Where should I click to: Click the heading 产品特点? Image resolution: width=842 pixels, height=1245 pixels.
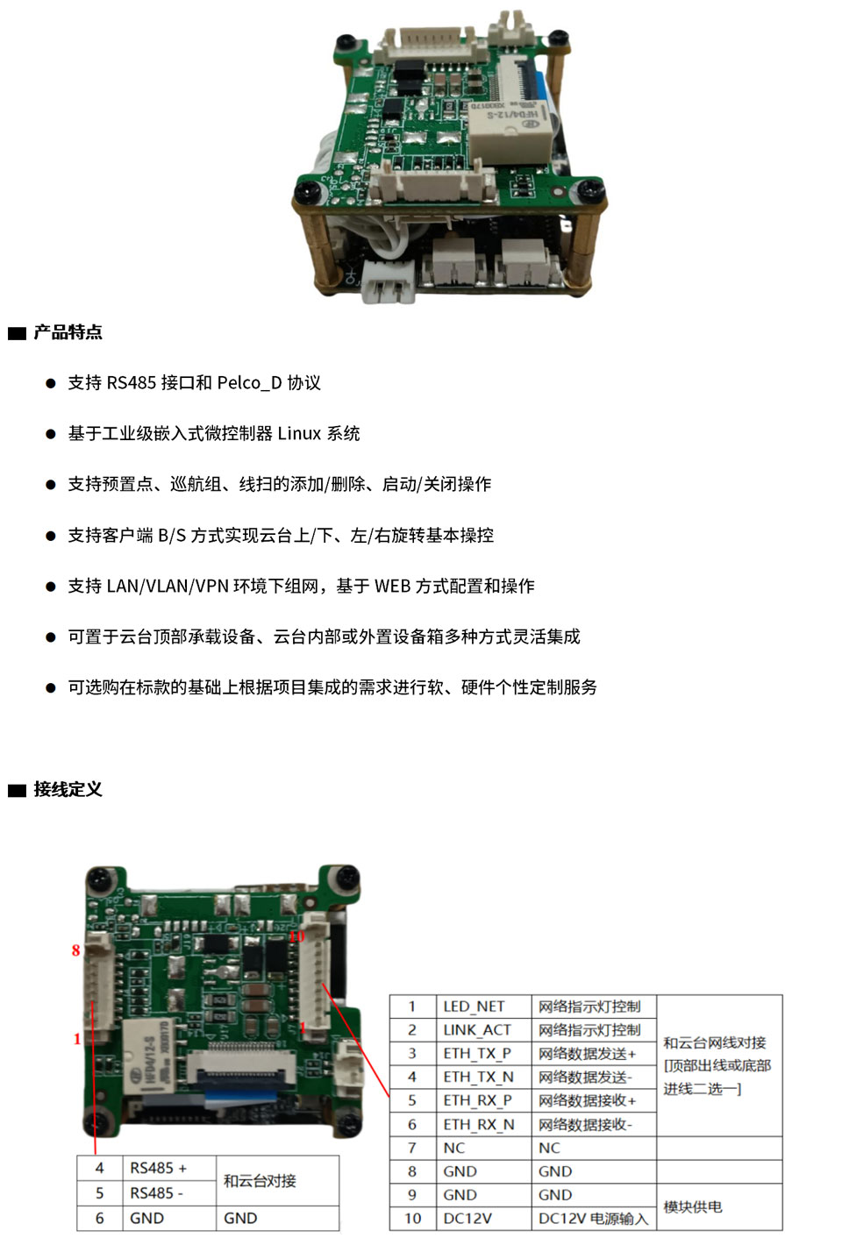[x=68, y=332]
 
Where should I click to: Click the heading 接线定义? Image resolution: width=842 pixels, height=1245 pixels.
[x=68, y=789]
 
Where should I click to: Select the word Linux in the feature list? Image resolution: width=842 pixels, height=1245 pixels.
[x=299, y=434]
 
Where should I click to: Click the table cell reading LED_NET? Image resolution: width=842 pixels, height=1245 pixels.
[x=474, y=1007]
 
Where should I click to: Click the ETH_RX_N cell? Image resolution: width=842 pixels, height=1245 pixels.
[x=478, y=1125]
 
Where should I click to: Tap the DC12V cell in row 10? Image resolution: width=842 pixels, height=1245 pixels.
[x=467, y=1219]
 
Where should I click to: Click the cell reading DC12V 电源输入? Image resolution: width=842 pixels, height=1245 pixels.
[x=593, y=1219]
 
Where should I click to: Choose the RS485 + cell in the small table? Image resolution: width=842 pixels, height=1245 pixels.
[x=158, y=1168]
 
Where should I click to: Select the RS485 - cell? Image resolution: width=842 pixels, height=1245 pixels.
[x=156, y=1193]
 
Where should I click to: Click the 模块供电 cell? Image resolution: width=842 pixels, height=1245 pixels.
[x=693, y=1207]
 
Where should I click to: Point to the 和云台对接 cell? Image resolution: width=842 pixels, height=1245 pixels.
[x=260, y=1181]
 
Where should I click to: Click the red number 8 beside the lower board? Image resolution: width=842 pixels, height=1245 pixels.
[x=75, y=950]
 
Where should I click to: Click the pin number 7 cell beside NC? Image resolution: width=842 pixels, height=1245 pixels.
[x=411, y=1149]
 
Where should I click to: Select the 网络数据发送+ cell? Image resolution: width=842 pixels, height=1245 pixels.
[x=587, y=1054]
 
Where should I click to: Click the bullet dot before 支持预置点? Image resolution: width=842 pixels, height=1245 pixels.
[x=50, y=485]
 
